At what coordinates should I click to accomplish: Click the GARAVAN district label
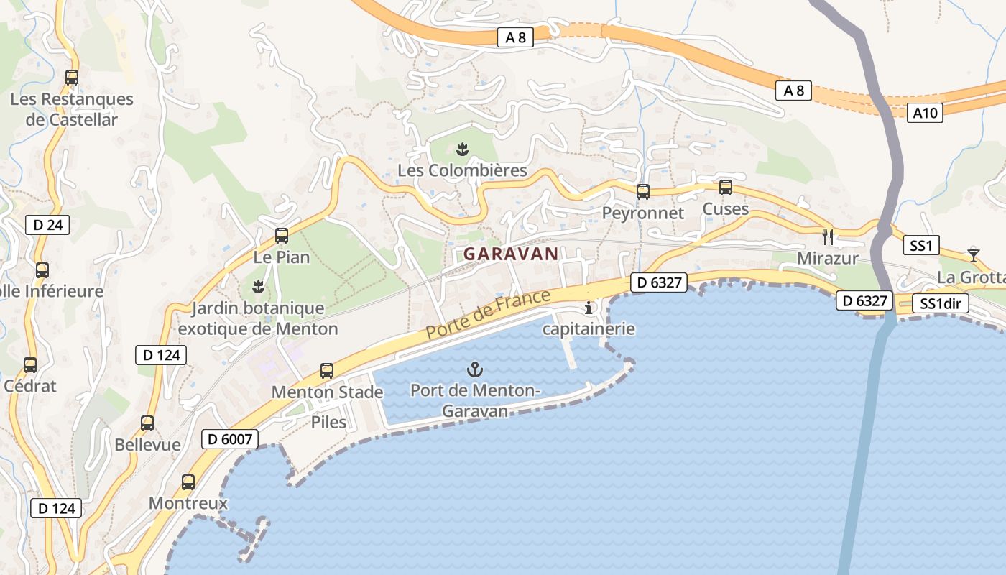click(x=510, y=254)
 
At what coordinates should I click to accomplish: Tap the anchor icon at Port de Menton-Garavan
click(x=474, y=370)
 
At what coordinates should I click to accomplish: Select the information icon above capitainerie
click(x=589, y=308)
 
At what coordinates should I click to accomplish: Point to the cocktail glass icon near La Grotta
click(x=973, y=254)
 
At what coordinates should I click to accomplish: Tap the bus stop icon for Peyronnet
click(x=643, y=192)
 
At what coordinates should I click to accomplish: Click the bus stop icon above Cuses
click(x=726, y=188)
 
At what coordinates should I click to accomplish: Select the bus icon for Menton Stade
click(x=327, y=371)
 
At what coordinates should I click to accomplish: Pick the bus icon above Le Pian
click(x=282, y=235)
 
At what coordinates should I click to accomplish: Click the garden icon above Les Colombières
click(x=462, y=149)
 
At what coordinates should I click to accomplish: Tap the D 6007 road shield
click(x=229, y=439)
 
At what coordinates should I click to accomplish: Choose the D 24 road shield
click(x=48, y=225)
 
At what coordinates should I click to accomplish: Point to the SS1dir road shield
click(x=941, y=304)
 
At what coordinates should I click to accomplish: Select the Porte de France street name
click(x=488, y=315)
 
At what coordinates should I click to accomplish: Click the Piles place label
click(x=328, y=422)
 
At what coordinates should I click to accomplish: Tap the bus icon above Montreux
click(x=188, y=482)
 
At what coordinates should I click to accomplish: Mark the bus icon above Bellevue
click(x=147, y=423)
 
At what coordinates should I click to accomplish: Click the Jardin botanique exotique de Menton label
click(x=258, y=318)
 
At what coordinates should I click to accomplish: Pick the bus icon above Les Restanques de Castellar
click(x=72, y=78)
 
